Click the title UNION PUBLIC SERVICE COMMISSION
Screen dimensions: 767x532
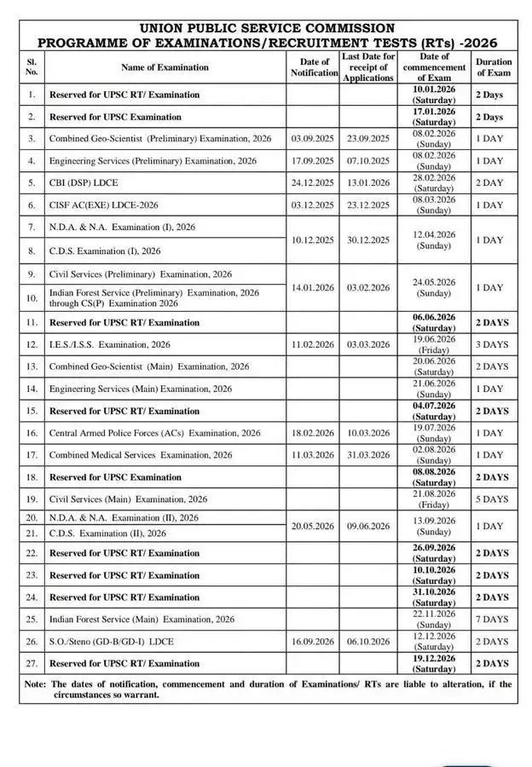click(x=267, y=28)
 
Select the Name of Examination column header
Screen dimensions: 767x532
click(x=165, y=67)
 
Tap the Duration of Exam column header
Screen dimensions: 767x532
click(x=494, y=67)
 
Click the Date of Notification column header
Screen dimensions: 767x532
click(x=314, y=67)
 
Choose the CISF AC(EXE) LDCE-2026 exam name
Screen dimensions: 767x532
click(x=103, y=205)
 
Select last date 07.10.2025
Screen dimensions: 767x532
click(x=367, y=160)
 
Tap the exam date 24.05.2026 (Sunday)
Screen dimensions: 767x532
click(x=434, y=287)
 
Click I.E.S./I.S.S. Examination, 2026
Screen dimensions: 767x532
click(x=109, y=344)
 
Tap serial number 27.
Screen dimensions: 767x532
click(x=32, y=663)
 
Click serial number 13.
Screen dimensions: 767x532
click(x=32, y=366)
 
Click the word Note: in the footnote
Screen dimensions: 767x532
click(x=35, y=683)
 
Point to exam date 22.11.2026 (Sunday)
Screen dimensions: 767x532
click(x=434, y=620)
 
